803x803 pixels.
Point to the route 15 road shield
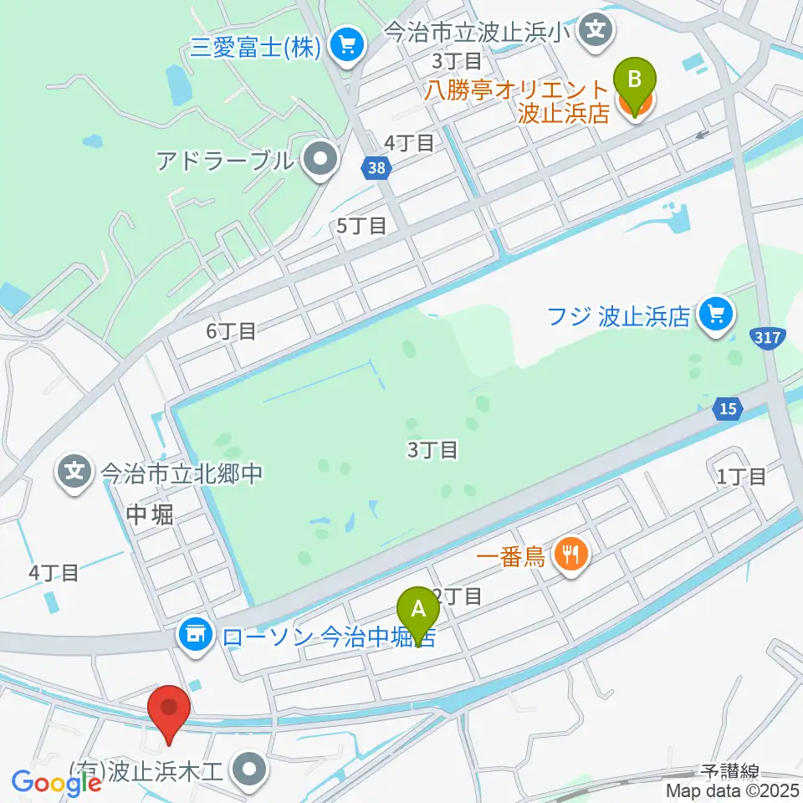(727, 407)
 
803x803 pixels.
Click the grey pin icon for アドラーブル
(319, 161)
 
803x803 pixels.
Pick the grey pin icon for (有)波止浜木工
(248, 768)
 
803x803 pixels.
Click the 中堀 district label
(151, 514)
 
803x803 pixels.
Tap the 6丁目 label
(231, 331)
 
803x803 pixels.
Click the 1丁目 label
(741, 477)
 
